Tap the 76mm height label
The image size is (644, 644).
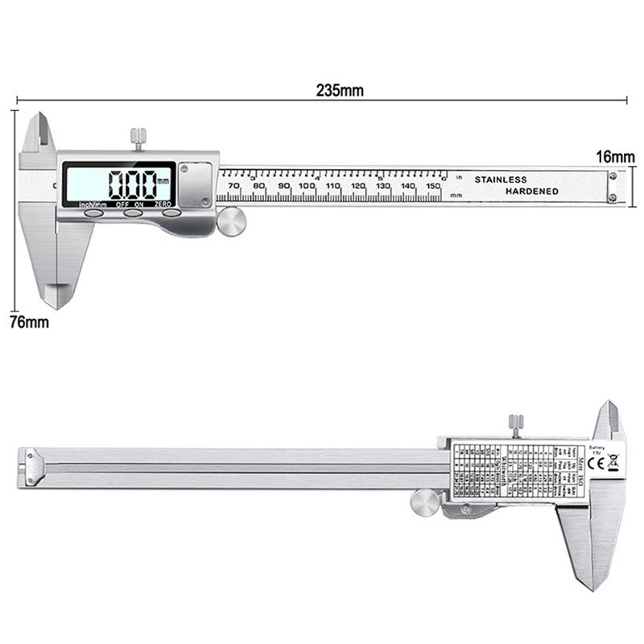(28, 322)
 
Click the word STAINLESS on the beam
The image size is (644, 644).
(500, 179)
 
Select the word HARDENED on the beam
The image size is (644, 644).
(531, 191)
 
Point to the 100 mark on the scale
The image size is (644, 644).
(307, 187)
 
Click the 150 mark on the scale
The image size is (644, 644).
(433, 187)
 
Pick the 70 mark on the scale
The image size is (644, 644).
(233, 187)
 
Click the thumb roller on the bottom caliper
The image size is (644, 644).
(423, 502)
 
